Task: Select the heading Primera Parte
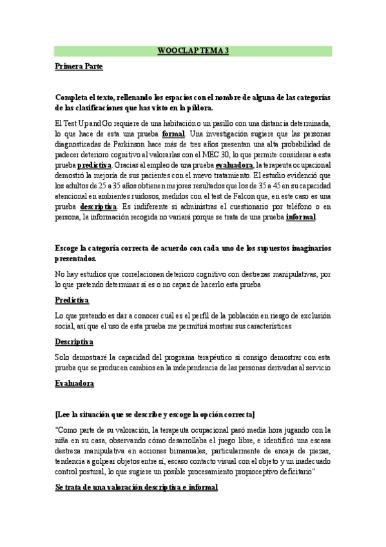pyautogui.click(x=79, y=66)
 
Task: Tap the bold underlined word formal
pyautogui.click(x=173, y=134)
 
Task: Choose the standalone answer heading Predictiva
pyautogui.click(x=72, y=301)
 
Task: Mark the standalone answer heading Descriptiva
pyautogui.click(x=75, y=341)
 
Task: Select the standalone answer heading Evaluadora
pyautogui.click(x=75, y=383)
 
